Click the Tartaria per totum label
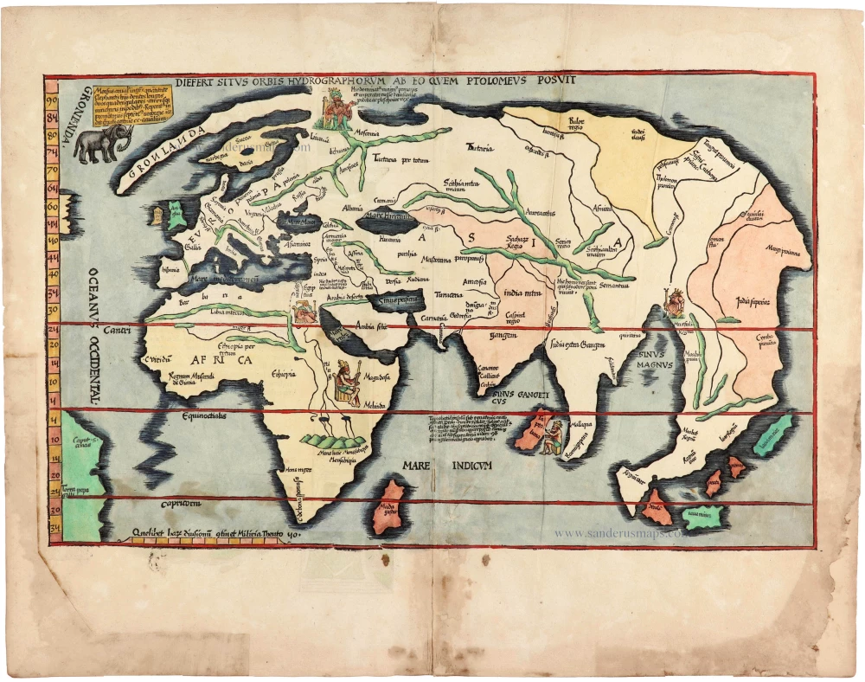pyautogui.click(x=400, y=161)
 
